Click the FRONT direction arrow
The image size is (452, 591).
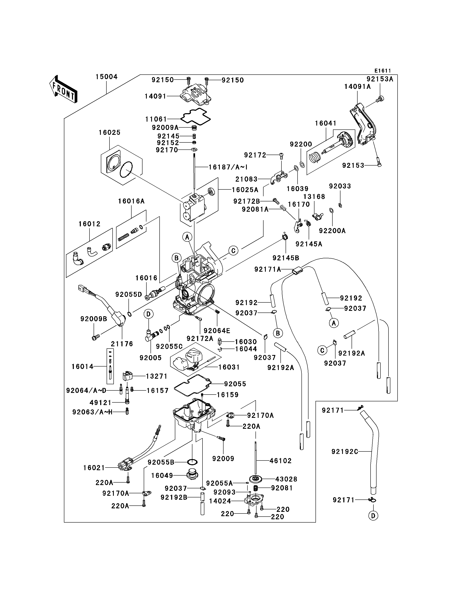tap(64, 89)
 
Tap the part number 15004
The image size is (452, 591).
tap(107, 77)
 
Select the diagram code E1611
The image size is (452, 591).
tap(383, 71)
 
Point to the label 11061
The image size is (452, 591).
tap(156, 119)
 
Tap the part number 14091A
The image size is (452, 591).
tap(357, 87)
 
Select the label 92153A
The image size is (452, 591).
tap(380, 79)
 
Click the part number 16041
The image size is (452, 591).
tap(326, 123)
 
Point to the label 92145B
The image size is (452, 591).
tap(286, 258)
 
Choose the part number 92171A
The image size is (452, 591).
tap(268, 269)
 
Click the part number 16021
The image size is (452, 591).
tap(94, 468)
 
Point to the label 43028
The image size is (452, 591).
tap(286, 479)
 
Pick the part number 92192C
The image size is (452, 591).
tap(345, 452)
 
